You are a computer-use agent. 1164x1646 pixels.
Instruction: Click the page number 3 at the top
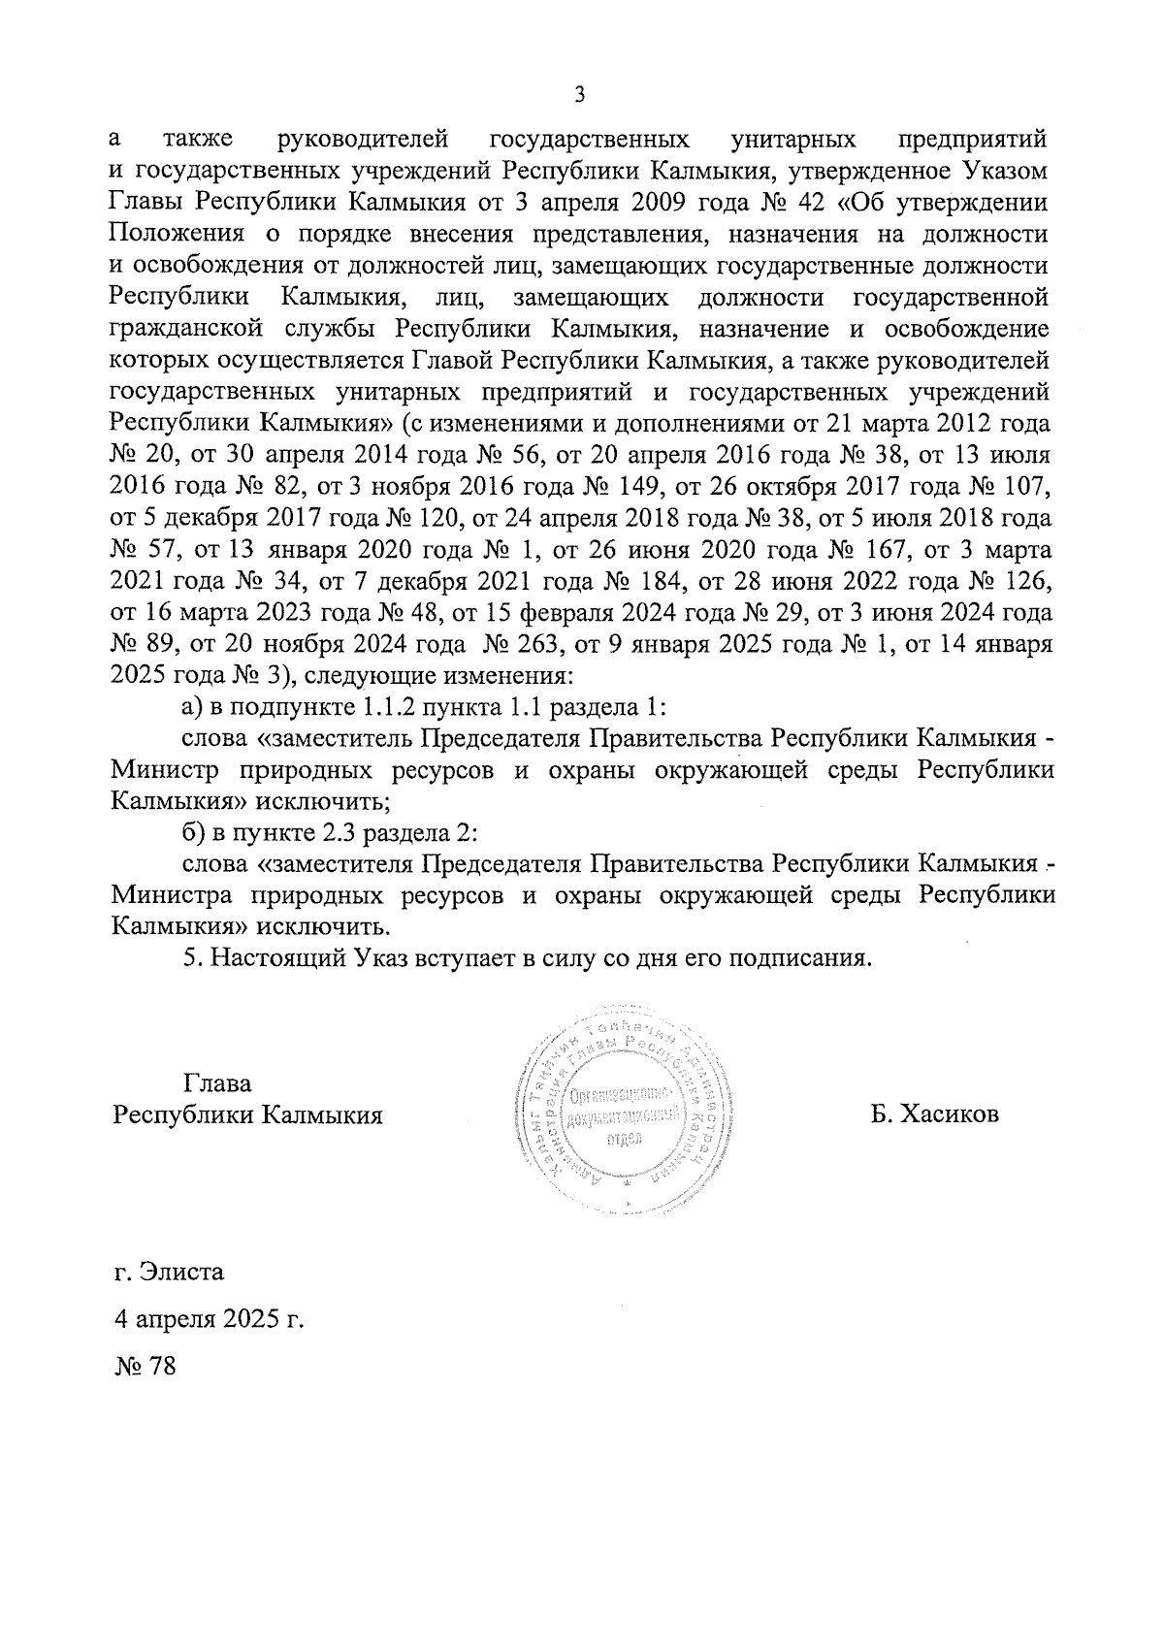click(x=580, y=94)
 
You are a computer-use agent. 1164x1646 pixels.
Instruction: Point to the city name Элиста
click(x=181, y=1270)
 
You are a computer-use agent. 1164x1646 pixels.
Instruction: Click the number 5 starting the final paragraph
click(x=191, y=958)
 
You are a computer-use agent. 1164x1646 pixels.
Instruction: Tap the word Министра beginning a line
click(x=170, y=895)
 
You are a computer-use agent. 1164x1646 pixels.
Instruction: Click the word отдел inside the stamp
click(x=625, y=1139)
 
